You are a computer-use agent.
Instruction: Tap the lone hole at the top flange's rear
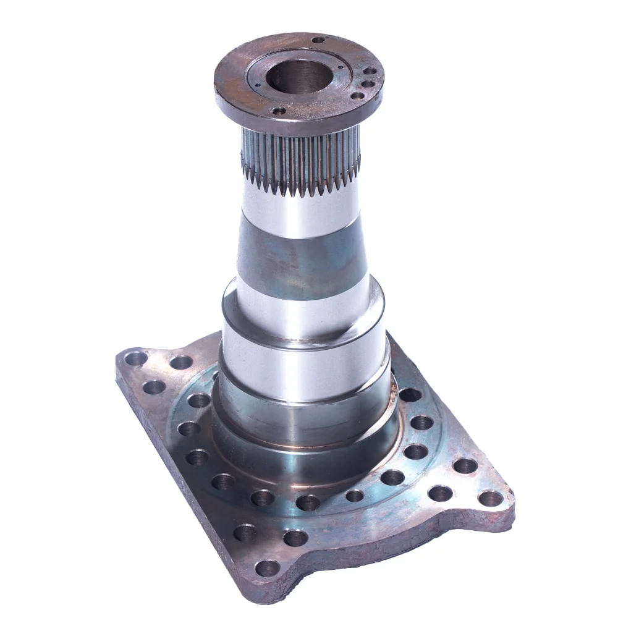pyautogui.click(x=318, y=40)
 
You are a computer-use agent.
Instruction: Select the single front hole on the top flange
pyautogui.click(x=279, y=111)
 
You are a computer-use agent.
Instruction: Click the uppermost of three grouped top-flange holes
pyautogui.click(x=369, y=71)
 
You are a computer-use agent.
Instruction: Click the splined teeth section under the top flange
pyautogui.click(x=301, y=162)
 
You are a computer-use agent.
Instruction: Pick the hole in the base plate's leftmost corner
pyautogui.click(x=135, y=358)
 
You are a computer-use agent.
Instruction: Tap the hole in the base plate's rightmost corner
pyautogui.click(x=491, y=498)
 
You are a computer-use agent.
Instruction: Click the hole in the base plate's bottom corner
pyautogui.click(x=267, y=568)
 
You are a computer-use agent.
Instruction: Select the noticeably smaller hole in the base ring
pyautogui.click(x=355, y=495)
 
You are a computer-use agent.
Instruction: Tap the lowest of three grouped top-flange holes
pyautogui.click(x=357, y=96)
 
